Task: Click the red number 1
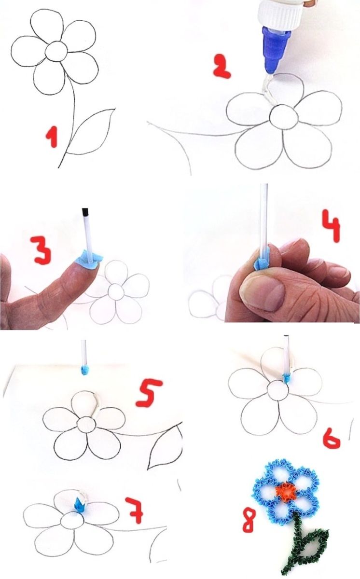point(52,137)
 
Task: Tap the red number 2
point(222,66)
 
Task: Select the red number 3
point(41,250)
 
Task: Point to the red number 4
point(332,226)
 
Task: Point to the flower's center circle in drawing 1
point(56,51)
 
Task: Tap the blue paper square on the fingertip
point(89,260)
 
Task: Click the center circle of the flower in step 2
point(284,116)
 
